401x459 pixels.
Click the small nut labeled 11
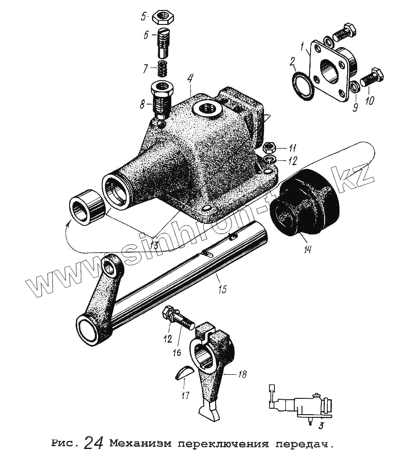click(268, 147)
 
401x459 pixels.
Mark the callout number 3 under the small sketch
click(320, 425)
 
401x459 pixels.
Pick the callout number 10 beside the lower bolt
click(370, 99)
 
